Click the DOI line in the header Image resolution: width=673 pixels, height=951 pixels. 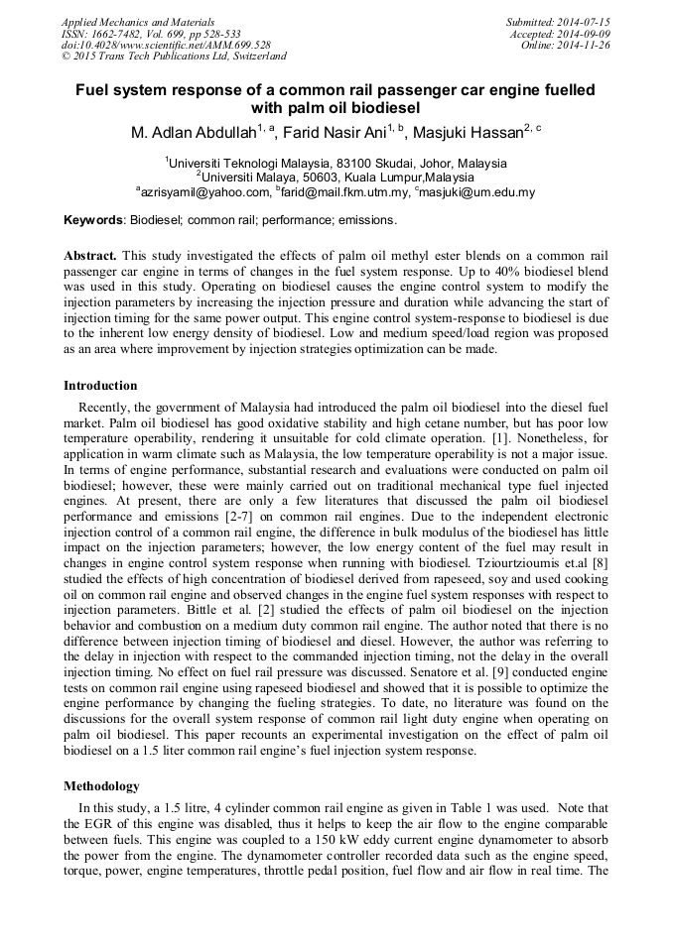pyautogui.click(x=166, y=45)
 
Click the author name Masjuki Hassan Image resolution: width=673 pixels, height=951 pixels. pyautogui.click(x=468, y=134)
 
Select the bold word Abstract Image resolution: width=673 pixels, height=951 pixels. pyautogui.click(x=90, y=254)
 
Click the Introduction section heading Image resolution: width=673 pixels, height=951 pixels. pyautogui.click(x=100, y=385)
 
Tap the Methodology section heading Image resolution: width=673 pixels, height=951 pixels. pyautogui.click(x=103, y=785)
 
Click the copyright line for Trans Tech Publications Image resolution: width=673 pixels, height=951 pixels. pyautogui.click(x=174, y=57)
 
